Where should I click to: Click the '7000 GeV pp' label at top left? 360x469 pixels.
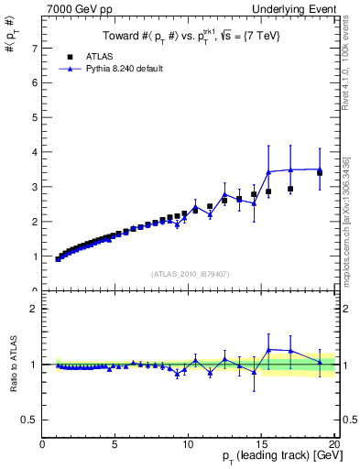click(72, 10)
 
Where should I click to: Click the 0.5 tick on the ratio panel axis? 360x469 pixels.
click(31, 420)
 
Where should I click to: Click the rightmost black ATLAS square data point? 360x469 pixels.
click(320, 172)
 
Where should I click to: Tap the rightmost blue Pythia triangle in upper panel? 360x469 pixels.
click(320, 169)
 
